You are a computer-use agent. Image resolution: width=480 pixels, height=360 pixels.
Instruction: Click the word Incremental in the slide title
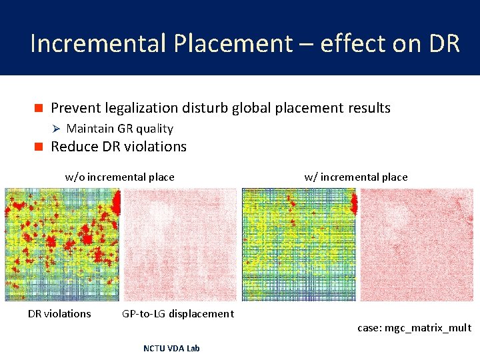point(99,43)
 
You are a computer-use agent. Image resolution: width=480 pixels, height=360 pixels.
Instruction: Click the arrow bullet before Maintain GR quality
point(56,129)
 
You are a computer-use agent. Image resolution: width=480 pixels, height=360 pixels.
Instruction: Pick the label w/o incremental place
point(119,177)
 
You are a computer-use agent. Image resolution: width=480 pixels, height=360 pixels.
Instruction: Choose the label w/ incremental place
point(355,177)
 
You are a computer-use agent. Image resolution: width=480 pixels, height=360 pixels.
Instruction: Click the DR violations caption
point(59,313)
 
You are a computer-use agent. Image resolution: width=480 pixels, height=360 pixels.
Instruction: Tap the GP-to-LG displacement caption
point(178,313)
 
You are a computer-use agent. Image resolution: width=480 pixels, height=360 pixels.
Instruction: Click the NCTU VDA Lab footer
point(171,348)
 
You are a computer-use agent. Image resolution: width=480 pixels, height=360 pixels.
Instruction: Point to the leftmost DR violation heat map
point(62,245)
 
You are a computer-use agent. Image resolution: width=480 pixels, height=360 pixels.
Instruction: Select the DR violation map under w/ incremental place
point(299,245)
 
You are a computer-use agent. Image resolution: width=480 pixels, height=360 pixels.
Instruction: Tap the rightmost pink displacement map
point(415,245)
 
